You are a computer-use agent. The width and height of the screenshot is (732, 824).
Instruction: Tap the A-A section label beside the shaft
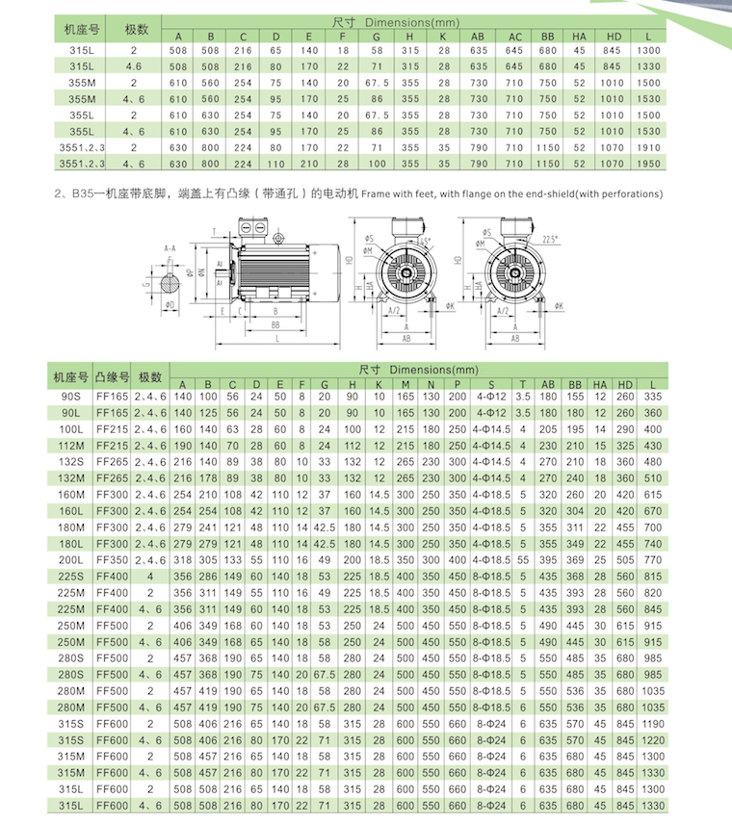170,247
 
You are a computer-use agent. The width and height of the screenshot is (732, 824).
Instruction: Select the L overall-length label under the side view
278,340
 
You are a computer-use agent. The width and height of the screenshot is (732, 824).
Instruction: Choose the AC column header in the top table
515,36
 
